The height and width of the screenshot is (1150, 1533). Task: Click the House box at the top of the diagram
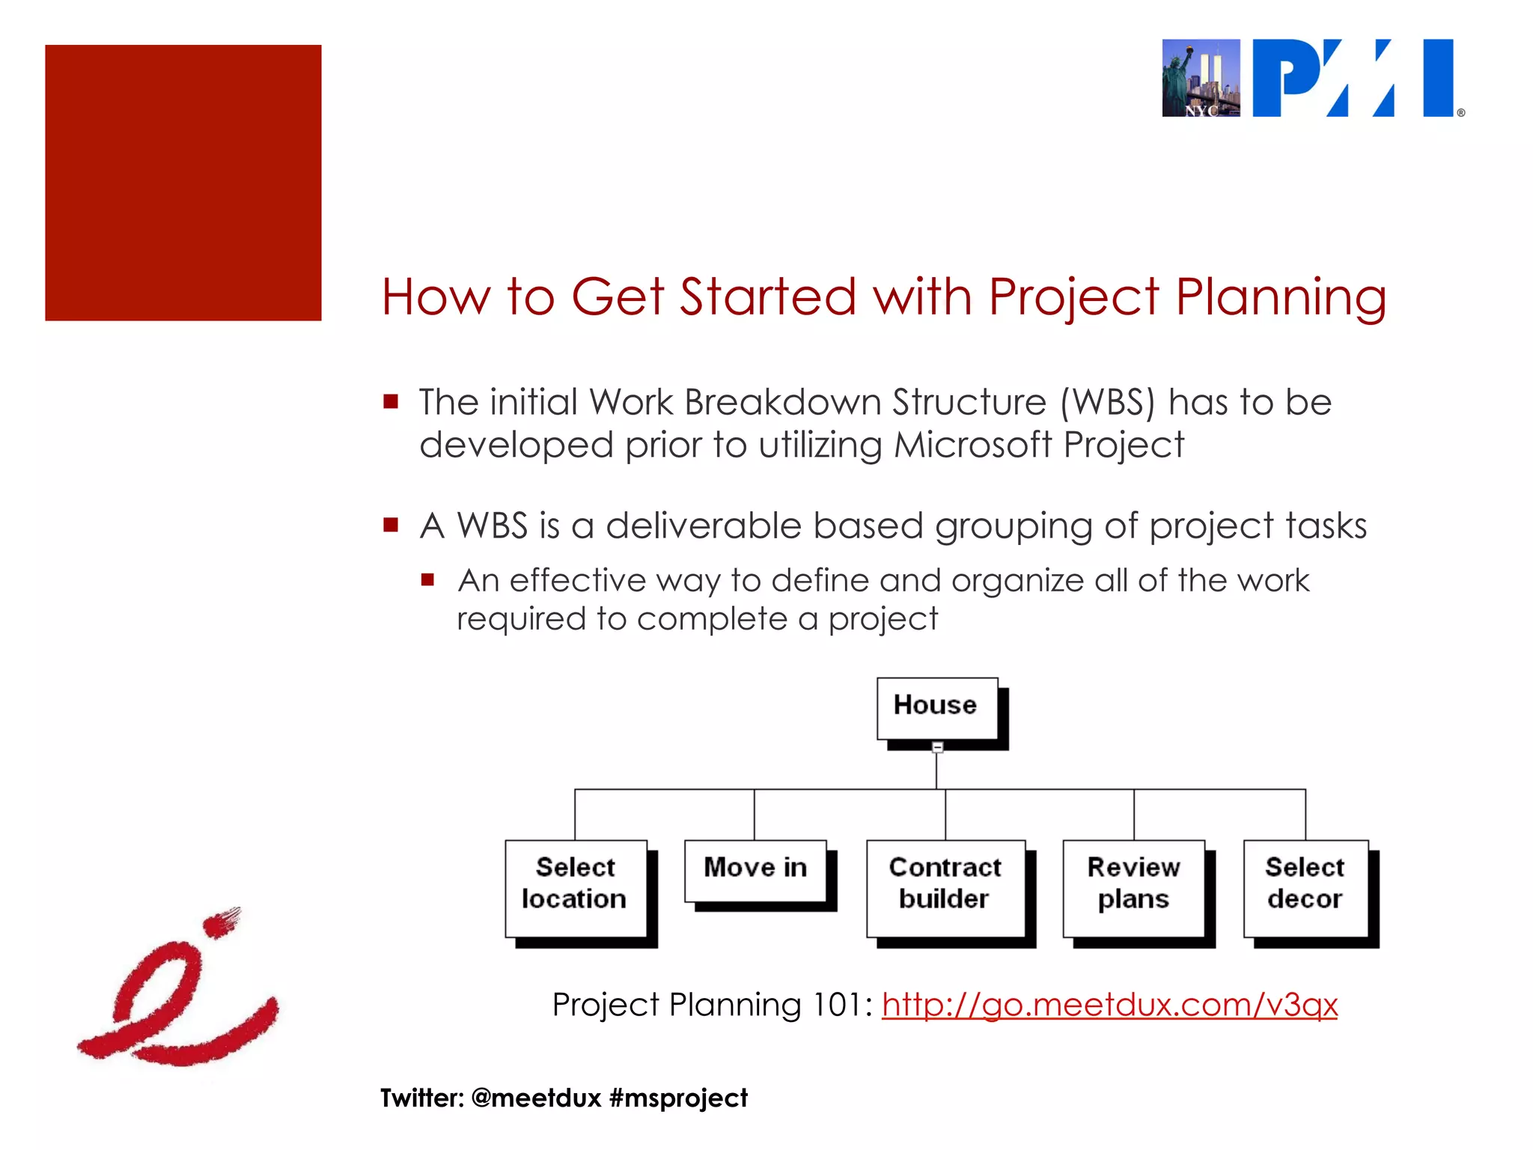[936, 707]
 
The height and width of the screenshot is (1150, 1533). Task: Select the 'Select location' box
[575, 886]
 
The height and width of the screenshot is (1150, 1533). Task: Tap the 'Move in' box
[755, 869]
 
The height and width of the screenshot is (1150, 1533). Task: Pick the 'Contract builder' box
[945, 886]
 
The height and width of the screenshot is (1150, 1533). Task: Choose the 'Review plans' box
[1133, 886]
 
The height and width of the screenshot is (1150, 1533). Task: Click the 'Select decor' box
[1305, 886]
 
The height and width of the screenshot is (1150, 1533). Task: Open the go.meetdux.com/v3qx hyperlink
[1109, 1005]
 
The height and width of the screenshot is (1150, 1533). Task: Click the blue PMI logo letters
[1353, 79]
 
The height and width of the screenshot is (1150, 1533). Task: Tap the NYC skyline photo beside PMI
[1201, 79]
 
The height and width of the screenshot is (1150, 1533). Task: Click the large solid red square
[183, 183]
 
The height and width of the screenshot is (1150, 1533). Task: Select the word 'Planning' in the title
[1281, 298]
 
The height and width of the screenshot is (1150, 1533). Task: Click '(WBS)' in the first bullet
[1108, 403]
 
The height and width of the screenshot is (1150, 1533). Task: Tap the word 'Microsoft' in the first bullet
[973, 445]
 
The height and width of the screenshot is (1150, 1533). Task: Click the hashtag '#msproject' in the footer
[678, 1098]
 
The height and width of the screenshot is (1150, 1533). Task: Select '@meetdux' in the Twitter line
[536, 1098]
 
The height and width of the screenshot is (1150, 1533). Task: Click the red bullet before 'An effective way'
[427, 579]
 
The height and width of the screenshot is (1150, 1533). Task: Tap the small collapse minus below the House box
[937, 747]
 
